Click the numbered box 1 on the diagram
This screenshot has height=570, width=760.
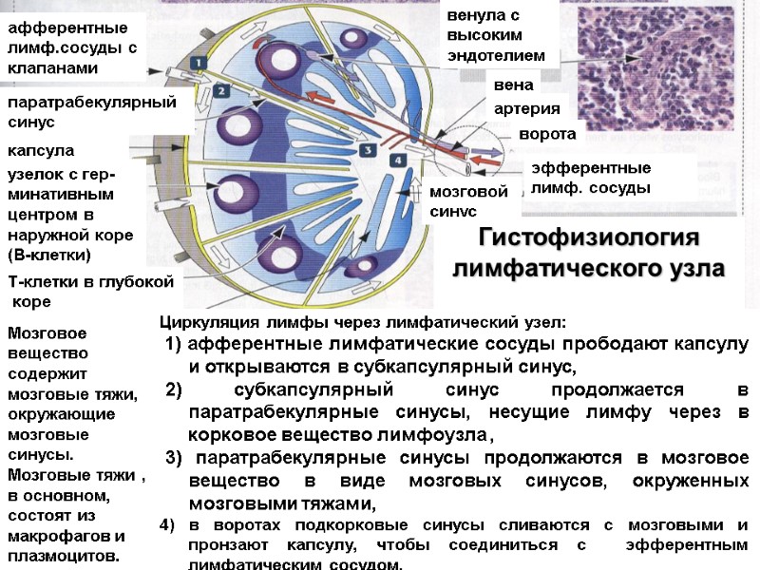[x=199, y=63]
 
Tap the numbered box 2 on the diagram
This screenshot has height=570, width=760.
[x=219, y=91]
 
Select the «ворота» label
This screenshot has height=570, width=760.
[x=547, y=134]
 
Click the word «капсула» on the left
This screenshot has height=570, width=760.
[x=41, y=151]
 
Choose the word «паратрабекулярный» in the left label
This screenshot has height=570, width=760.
[x=92, y=102]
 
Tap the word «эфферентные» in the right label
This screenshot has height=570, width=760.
[x=591, y=168]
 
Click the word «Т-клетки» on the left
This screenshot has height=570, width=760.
[x=39, y=282]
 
